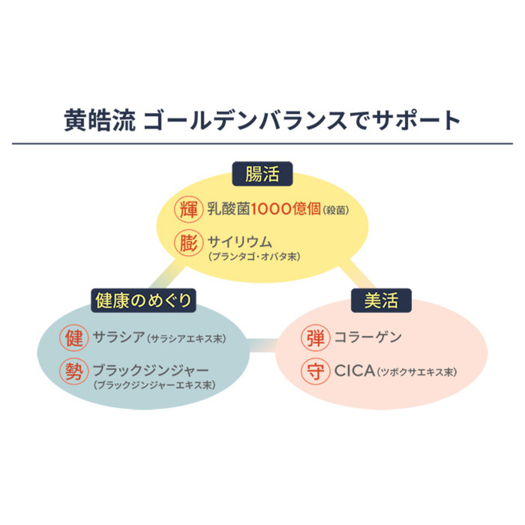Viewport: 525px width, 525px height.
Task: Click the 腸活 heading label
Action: pyautogui.click(x=262, y=174)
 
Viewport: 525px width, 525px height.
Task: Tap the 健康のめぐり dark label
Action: pyautogui.click(x=143, y=301)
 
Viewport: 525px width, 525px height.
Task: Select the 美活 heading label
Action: pyautogui.click(x=381, y=301)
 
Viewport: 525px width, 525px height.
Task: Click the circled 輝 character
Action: pyautogui.click(x=189, y=210)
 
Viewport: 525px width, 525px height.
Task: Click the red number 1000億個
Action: pyautogui.click(x=286, y=210)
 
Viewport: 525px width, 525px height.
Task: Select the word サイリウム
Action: pyautogui.click(x=240, y=242)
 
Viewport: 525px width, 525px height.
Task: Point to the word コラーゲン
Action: pyautogui.click(x=368, y=337)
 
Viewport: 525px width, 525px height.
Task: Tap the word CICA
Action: pyautogui.click(x=354, y=371)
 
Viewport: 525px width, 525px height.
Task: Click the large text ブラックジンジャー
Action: pyautogui.click(x=150, y=371)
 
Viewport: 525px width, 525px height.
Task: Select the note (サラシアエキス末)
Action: pyautogui.click(x=186, y=339)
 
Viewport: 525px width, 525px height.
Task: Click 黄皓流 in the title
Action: pyautogui.click(x=100, y=120)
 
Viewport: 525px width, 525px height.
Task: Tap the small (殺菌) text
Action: pyautogui.click(x=336, y=210)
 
